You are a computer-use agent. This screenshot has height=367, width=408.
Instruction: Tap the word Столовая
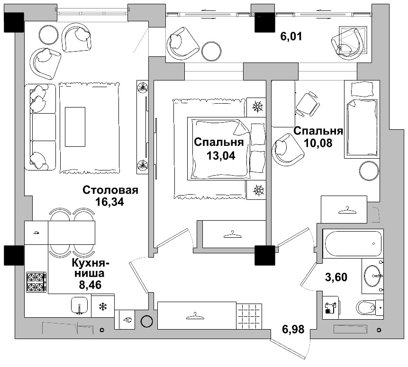tap(110, 190)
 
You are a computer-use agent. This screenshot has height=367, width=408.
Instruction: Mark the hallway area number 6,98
tap(293, 329)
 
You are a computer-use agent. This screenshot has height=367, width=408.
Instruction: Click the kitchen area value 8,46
tap(90, 285)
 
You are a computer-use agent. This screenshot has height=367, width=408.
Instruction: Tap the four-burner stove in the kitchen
tap(36, 282)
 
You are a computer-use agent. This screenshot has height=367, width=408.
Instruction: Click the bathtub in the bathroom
tap(354, 243)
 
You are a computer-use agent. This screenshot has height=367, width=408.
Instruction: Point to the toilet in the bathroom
tap(366, 308)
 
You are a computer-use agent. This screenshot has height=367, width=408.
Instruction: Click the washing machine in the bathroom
tap(331, 308)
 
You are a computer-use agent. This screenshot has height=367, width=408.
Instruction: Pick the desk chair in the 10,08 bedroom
tap(307, 104)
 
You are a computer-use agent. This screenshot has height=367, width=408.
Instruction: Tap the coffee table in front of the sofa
tap(75, 126)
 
